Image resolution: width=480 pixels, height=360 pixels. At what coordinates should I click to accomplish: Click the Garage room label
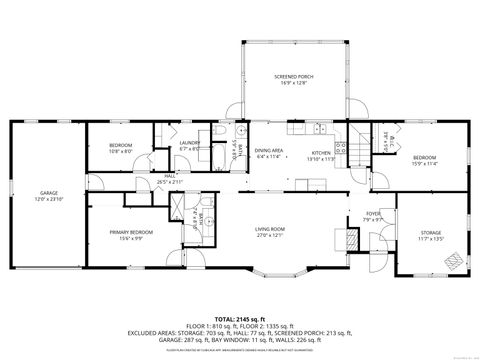48,194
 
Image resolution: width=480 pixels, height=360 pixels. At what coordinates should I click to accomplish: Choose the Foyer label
372,213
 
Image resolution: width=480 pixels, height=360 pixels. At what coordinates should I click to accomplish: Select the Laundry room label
190,143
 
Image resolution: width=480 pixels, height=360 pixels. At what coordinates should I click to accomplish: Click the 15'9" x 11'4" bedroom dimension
425,164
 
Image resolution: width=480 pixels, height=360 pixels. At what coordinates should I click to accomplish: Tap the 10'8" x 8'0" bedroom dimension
120,151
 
